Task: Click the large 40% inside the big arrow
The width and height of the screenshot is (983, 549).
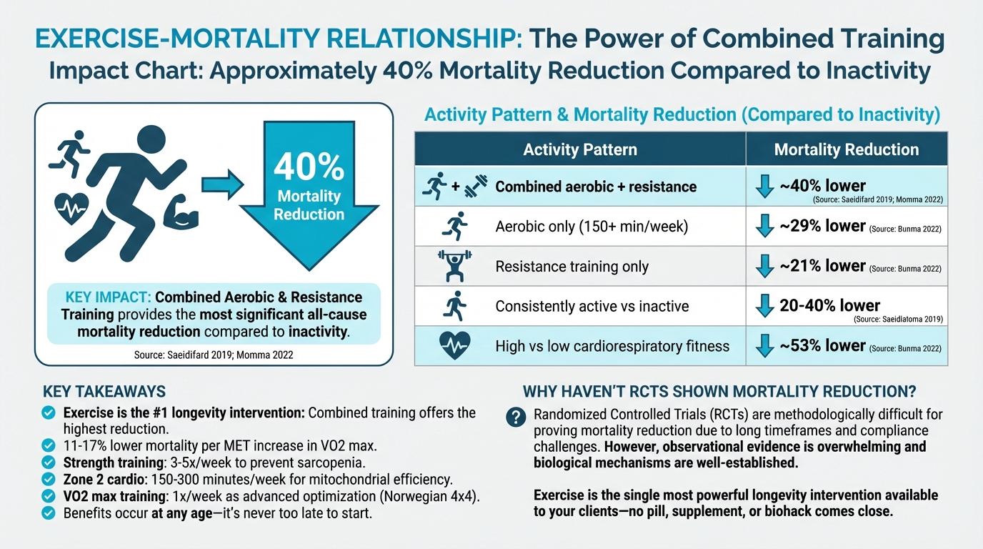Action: (309, 167)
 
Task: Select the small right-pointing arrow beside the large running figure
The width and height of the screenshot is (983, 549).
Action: (221, 185)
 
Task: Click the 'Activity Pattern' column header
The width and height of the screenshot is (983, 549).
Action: (579, 149)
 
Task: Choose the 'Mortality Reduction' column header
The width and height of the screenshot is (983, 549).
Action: (847, 149)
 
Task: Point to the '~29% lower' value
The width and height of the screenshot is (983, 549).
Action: (822, 226)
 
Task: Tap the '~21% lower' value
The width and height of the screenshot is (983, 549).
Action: (822, 266)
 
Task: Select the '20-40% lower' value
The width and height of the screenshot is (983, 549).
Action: (829, 305)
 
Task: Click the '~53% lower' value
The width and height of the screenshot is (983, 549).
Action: (822, 345)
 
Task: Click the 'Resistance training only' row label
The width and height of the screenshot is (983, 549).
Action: (572, 267)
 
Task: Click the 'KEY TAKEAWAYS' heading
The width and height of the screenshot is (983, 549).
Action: (104, 391)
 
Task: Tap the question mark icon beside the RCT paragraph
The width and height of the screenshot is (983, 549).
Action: (514, 417)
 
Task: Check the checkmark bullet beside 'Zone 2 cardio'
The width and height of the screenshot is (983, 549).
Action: (49, 479)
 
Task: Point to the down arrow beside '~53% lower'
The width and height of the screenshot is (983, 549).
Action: (764, 346)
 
